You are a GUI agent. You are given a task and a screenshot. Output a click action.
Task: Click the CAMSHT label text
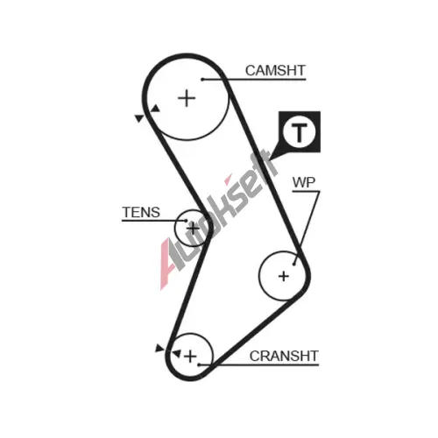(275, 70)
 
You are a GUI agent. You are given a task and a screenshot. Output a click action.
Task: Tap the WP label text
(304, 182)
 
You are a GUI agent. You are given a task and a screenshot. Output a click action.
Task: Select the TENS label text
(141, 212)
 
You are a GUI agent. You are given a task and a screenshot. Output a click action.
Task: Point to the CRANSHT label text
(284, 356)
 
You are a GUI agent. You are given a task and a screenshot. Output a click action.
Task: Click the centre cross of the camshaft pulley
(187, 98)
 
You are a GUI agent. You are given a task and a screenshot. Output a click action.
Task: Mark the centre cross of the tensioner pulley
(193, 228)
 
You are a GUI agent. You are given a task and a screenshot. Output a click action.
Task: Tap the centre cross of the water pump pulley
(284, 276)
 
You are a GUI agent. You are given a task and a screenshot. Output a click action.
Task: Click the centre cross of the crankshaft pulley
(190, 357)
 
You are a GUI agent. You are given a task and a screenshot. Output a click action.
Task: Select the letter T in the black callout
(300, 132)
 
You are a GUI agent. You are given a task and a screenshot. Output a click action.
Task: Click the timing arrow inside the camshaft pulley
(155, 109)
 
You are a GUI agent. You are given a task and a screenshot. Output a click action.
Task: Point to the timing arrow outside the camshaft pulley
(139, 118)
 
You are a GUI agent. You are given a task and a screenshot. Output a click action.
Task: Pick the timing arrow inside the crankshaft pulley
(176, 354)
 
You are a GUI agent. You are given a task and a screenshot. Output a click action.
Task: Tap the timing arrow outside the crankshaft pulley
(159, 348)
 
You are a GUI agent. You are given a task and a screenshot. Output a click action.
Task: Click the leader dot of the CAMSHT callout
(202, 80)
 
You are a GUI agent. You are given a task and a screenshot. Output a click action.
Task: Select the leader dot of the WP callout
(294, 265)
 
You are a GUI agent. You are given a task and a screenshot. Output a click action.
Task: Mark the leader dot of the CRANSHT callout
(199, 364)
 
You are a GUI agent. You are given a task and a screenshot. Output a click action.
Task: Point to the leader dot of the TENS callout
(186, 221)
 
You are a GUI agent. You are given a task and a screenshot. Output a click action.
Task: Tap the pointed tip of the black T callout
(269, 159)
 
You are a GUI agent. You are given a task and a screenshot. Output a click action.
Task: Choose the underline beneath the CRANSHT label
(258, 365)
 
